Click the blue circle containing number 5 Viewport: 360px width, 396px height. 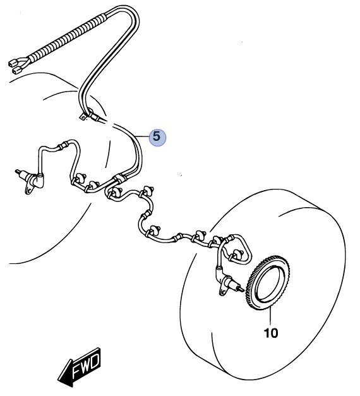point(158,138)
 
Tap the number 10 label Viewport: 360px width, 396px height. point(271,333)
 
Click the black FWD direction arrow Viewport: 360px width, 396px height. point(80,368)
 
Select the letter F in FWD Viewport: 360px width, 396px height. point(77,373)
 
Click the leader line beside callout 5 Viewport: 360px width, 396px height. point(143,136)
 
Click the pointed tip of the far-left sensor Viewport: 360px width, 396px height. point(16,171)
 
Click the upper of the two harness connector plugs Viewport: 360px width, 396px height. point(14,62)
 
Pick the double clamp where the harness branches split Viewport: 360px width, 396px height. point(119,179)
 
